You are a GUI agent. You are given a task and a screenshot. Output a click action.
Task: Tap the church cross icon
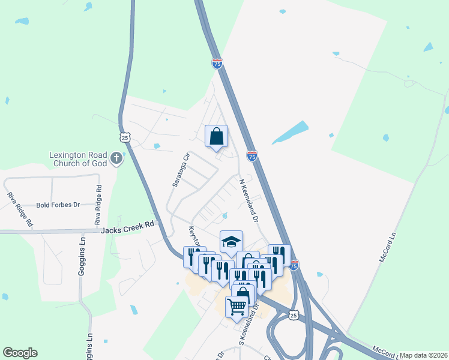tap(116, 159)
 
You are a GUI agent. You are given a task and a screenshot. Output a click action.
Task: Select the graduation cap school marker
tap(231, 242)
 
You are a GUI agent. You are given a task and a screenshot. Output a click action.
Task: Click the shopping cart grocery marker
tap(237, 307)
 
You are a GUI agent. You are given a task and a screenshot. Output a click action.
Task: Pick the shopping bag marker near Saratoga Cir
tap(217, 136)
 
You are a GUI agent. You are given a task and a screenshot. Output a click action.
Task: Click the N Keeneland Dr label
tap(249, 200)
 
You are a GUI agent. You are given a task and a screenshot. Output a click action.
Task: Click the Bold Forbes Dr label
tap(58, 205)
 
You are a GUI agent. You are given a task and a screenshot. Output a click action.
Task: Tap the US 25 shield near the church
tap(125, 137)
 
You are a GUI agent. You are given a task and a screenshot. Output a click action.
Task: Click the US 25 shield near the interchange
tap(292, 314)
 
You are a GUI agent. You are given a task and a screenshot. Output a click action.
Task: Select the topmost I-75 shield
tap(217, 62)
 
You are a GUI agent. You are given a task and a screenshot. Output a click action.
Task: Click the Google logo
tap(20, 353)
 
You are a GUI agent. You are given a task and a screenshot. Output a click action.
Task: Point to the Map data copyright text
tap(424, 355)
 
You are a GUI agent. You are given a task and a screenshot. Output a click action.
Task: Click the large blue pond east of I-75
tap(291, 133)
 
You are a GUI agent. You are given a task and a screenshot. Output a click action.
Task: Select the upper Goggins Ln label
tap(82, 256)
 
